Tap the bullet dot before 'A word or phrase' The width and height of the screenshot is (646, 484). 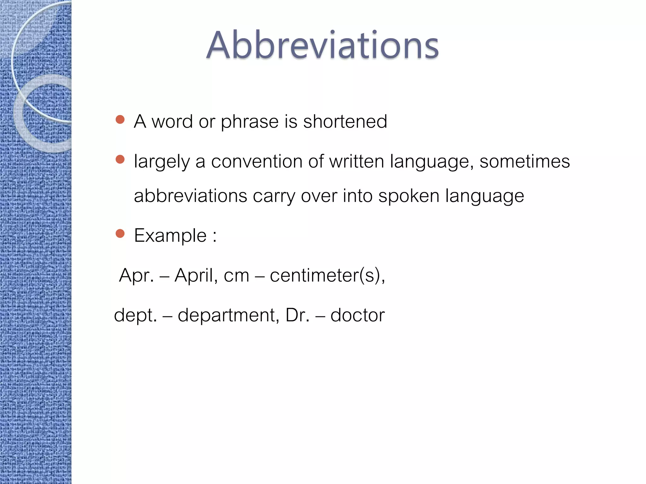[120, 119]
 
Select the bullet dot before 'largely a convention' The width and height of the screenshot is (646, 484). [120, 159]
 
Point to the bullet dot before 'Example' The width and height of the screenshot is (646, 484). [120, 233]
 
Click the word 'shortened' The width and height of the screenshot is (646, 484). [345, 121]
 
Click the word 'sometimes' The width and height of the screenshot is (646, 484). [525, 161]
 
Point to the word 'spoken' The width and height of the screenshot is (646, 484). [409, 196]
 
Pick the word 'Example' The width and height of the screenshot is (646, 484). [170, 235]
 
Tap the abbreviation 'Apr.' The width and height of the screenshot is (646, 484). [137, 275]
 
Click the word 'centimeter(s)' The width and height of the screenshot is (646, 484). [327, 275]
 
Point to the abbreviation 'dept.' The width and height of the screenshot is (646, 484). [135, 315]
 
